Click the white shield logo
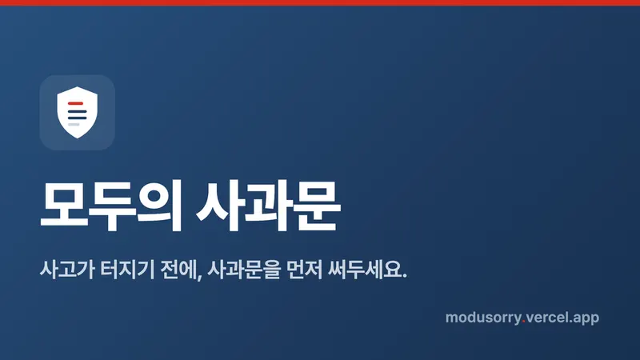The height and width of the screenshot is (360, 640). [77, 112]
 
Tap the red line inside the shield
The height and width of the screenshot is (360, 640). [75, 103]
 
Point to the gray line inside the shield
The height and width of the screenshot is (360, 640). [74, 125]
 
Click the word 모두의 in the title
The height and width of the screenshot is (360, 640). [111, 206]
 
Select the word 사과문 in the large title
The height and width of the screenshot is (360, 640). [269, 206]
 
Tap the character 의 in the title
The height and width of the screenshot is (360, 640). [159, 206]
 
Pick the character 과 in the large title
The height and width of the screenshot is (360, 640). [269, 206]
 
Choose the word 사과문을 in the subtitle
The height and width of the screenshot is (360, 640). [244, 270]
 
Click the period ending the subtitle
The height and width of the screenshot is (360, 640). [405, 276]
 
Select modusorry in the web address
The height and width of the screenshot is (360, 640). [483, 318]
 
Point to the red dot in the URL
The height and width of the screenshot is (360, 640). [524, 322]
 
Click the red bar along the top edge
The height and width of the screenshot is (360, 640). [320, 2]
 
